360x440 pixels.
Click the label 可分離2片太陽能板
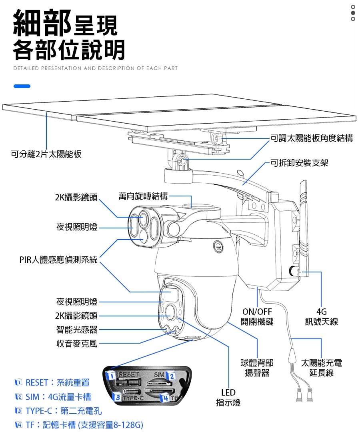tap(46, 154)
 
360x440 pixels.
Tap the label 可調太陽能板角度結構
tap(312, 138)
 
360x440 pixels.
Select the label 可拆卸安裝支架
tap(299, 163)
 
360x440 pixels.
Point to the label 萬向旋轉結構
tap(143, 196)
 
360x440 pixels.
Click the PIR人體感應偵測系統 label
tap(58, 260)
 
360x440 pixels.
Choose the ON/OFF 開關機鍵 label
tap(257, 316)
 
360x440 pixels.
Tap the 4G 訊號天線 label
tap(321, 316)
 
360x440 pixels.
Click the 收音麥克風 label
tap(77, 344)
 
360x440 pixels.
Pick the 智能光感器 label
tap(77, 330)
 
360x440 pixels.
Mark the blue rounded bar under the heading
tap(22, 86)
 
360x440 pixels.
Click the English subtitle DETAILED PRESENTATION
tap(95, 68)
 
